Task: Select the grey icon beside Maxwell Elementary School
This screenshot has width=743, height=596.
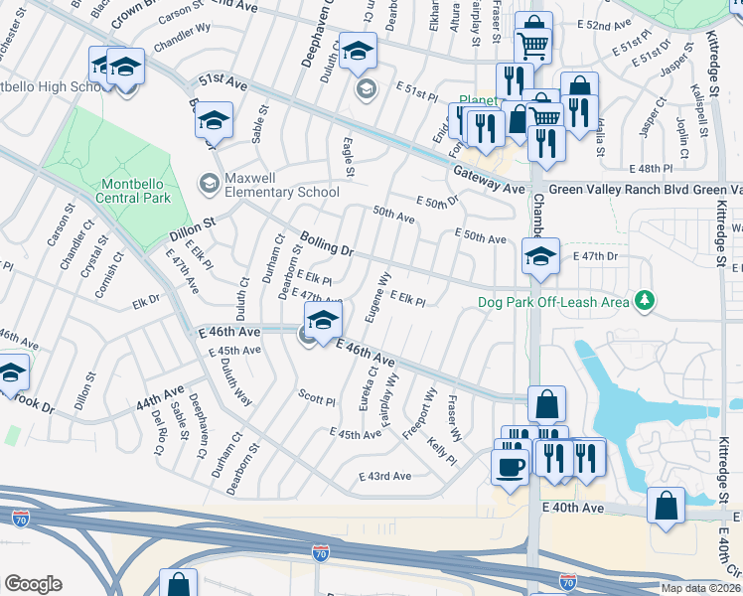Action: pyautogui.click(x=210, y=183)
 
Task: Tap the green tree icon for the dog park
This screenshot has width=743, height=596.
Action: pyautogui.click(x=646, y=299)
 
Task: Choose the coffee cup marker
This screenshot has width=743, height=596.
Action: pyautogui.click(x=511, y=465)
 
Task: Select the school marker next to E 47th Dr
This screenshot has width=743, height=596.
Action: pyautogui.click(x=540, y=256)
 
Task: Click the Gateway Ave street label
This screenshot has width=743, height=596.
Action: pyautogui.click(x=489, y=181)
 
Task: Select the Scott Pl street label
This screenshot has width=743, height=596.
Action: pyautogui.click(x=317, y=397)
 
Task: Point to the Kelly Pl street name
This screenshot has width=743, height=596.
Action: pyautogui.click(x=442, y=452)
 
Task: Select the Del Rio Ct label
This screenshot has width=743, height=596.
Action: pyautogui.click(x=157, y=426)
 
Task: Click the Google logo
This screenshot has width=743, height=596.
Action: pyautogui.click(x=33, y=583)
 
